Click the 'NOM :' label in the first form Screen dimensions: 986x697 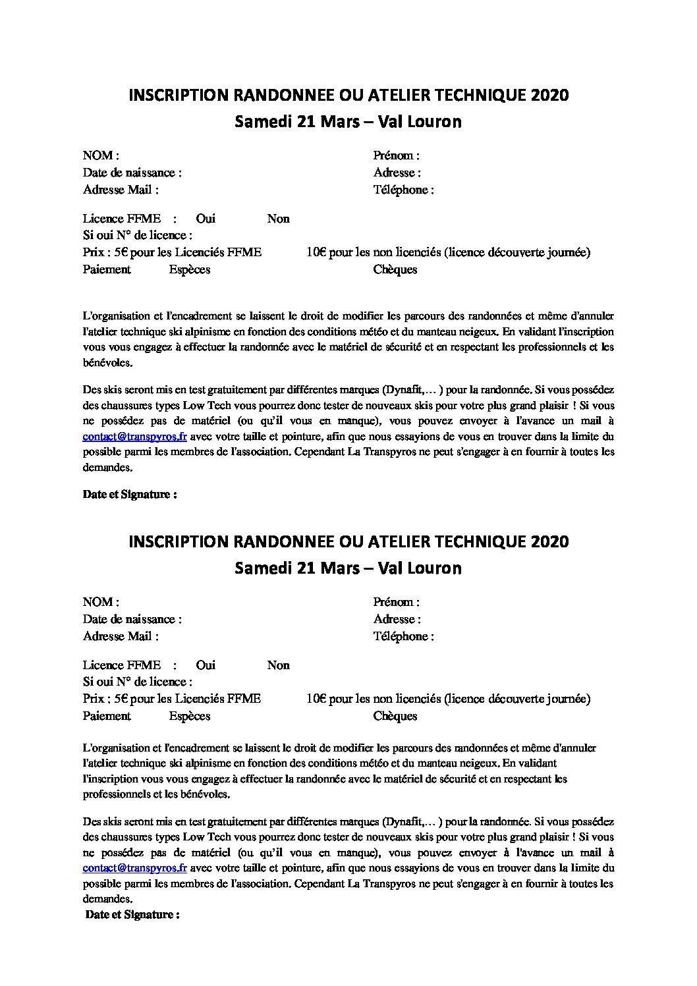coord(101,156)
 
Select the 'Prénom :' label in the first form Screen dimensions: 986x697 coord(397,156)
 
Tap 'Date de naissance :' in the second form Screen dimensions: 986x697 coord(132,619)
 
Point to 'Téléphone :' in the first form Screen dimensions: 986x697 coord(403,190)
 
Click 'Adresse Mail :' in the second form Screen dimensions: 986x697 coord(121,636)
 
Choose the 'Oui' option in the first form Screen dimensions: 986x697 coord(206,219)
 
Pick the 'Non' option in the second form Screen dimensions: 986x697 coord(278,665)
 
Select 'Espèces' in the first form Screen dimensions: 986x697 coord(190,269)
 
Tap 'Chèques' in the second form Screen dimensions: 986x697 coord(395,716)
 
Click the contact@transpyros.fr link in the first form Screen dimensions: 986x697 coord(135,437)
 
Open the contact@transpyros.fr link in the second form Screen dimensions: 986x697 coord(135,869)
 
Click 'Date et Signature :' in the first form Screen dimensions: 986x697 coord(130,495)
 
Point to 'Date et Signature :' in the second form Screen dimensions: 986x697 coord(132,915)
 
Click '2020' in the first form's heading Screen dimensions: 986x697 coord(547,96)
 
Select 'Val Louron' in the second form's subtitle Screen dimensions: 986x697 coord(420,568)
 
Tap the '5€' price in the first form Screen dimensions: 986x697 coord(122,252)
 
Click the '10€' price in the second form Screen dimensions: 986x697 coord(316,699)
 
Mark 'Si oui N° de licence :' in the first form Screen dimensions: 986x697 coord(138,235)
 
